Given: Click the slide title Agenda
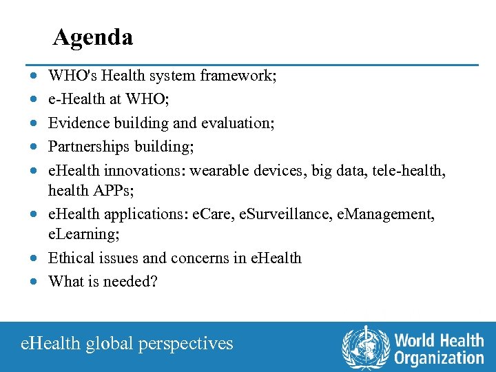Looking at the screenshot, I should (x=93, y=37).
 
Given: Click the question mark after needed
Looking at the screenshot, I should (x=154, y=282).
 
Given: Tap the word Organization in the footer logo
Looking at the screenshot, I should (x=439, y=358).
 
